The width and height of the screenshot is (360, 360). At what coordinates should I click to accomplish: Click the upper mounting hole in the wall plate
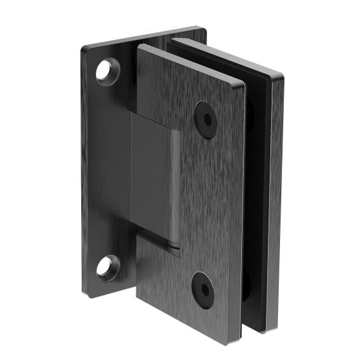tap(108, 70)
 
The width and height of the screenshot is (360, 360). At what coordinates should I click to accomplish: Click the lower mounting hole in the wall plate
tap(109, 267)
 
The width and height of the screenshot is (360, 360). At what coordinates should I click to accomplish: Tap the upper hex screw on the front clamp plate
tap(205, 119)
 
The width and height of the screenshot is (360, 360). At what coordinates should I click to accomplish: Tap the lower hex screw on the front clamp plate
tap(203, 290)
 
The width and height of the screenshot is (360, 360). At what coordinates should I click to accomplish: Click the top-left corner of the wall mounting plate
tap(84, 46)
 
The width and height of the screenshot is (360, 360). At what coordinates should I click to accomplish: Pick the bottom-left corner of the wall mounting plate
tap(86, 295)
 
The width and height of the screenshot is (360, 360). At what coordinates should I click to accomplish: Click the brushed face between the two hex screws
tap(206, 203)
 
